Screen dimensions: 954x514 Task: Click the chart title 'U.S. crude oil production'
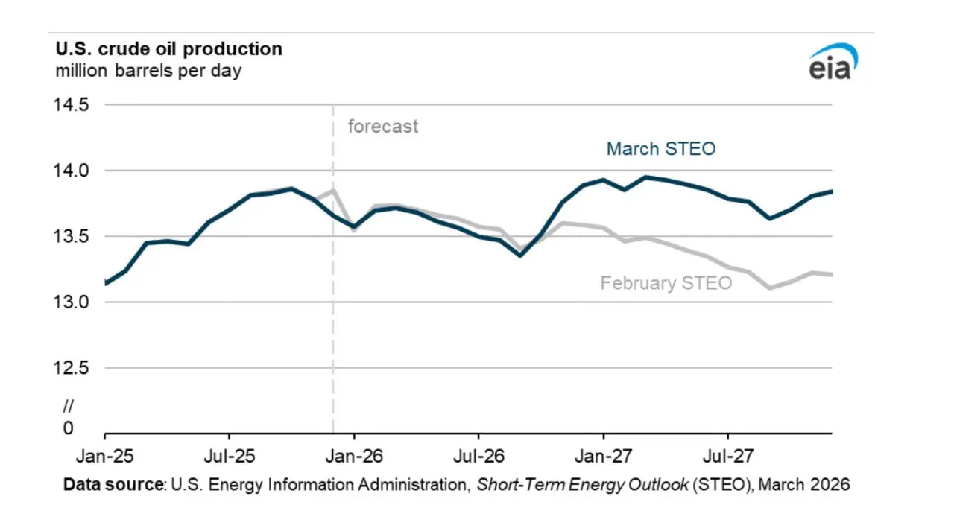pyautogui.click(x=169, y=49)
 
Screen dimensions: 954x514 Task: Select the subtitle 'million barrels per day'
pyautogui.click(x=148, y=71)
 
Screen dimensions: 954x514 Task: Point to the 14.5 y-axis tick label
pyautogui.click(x=71, y=104)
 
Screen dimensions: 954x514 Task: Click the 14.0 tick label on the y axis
pyautogui.click(x=71, y=170)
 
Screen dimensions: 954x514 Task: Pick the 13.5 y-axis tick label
pyautogui.click(x=71, y=236)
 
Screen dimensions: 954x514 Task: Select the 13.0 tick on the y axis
pyautogui.click(x=71, y=302)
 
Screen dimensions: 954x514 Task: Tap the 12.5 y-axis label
pyautogui.click(x=71, y=368)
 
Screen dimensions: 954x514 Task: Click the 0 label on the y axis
pyautogui.click(x=68, y=428)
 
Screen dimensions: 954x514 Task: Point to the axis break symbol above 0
pyautogui.click(x=68, y=406)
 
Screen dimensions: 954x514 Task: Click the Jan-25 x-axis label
pyautogui.click(x=105, y=457)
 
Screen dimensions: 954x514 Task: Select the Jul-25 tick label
pyautogui.click(x=229, y=457)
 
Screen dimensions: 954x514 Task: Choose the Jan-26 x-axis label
pyautogui.click(x=354, y=457)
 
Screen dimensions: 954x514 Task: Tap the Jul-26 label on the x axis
pyautogui.click(x=478, y=457)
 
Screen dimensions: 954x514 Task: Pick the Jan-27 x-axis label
pyautogui.click(x=603, y=457)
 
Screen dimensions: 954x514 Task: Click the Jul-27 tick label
pyautogui.click(x=728, y=457)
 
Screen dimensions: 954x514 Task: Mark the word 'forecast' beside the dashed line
pyautogui.click(x=383, y=127)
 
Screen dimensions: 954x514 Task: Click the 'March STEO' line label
pyautogui.click(x=661, y=149)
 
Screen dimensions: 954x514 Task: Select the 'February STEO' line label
pyautogui.click(x=666, y=283)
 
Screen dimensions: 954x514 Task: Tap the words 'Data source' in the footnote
pyautogui.click(x=114, y=485)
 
